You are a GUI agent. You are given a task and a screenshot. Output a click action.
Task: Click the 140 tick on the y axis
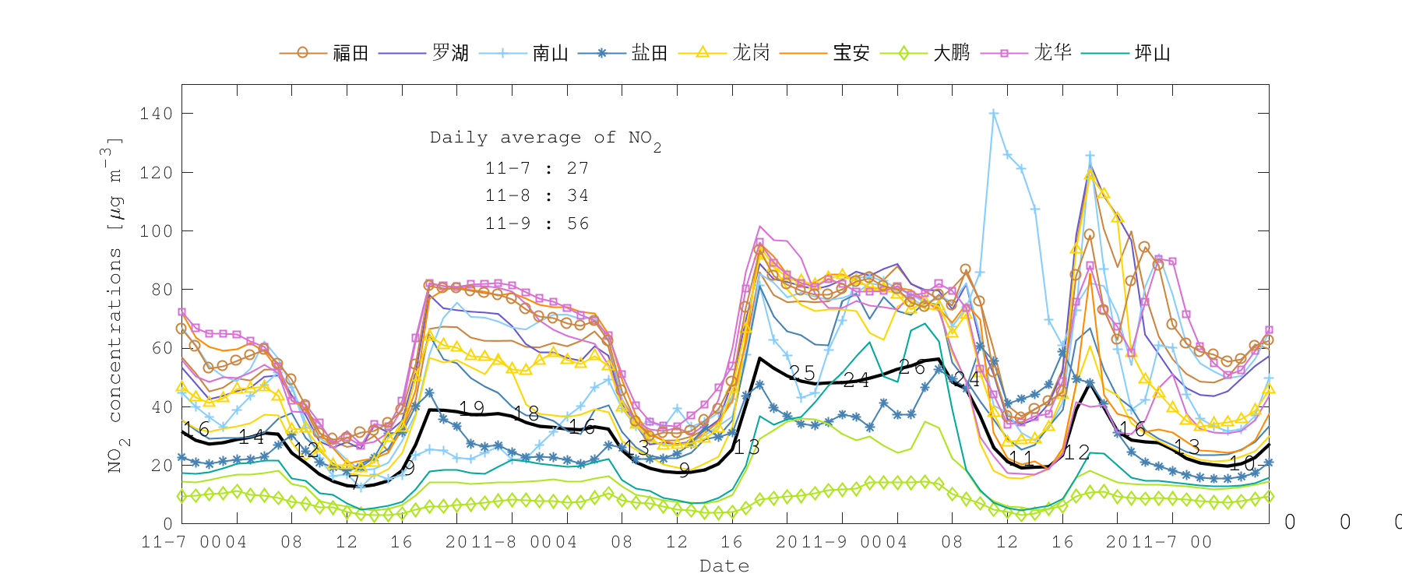coord(157,114)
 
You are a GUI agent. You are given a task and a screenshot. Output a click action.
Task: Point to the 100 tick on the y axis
coord(157,231)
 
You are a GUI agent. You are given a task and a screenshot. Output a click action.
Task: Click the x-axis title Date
coord(724,566)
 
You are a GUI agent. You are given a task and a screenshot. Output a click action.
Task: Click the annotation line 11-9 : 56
coord(537,224)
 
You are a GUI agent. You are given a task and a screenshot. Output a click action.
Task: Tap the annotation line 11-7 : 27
coord(537,168)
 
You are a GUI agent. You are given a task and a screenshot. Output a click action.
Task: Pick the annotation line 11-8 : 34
coord(537,195)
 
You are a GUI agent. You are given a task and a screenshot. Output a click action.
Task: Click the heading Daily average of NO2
coord(545,139)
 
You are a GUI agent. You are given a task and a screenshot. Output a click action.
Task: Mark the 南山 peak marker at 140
coord(994,114)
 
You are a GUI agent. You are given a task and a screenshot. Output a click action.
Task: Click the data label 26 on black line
coord(911,368)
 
